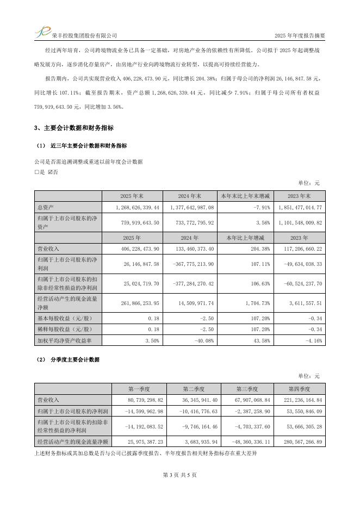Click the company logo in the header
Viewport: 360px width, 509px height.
point(42,32)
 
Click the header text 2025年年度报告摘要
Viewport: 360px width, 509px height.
point(300,35)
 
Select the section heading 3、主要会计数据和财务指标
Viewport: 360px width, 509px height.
point(74,128)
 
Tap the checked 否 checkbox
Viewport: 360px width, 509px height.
point(50,172)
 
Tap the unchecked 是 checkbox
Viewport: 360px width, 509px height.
point(36,172)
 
